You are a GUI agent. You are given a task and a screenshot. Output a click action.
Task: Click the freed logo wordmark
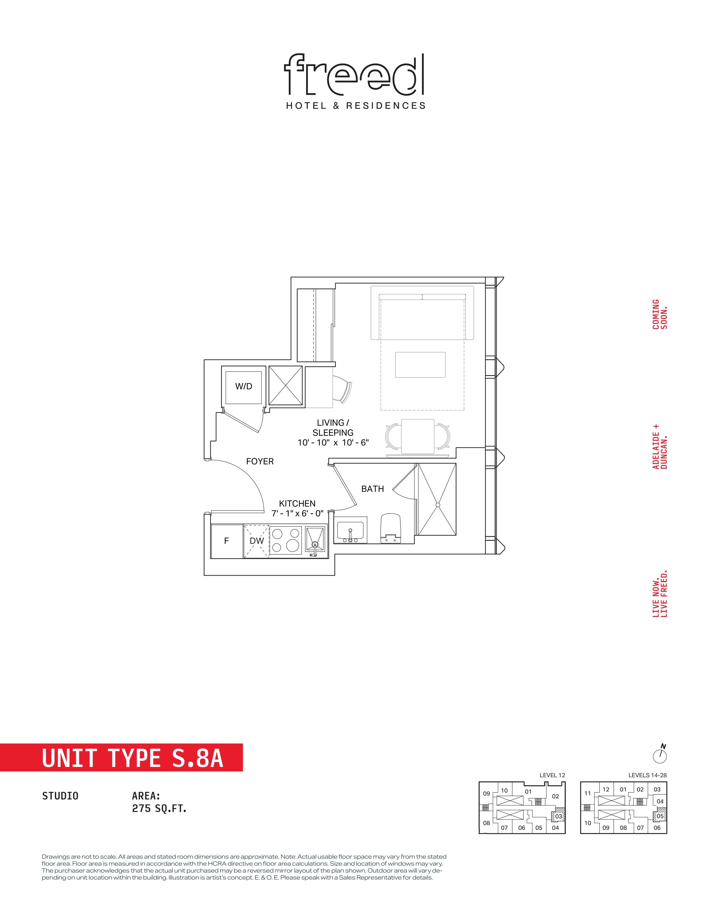pos(354,74)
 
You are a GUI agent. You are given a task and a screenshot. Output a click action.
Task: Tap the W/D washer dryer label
pos(244,386)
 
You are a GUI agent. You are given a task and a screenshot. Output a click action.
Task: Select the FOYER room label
pos(260,462)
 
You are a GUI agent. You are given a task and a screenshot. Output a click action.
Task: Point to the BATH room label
pos(373,489)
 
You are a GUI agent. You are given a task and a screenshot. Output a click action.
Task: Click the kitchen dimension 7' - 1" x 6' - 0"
pos(298,513)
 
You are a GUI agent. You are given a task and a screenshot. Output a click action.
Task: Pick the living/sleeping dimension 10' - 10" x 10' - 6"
pos(333,443)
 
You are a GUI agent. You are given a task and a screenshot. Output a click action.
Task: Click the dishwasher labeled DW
pos(257,541)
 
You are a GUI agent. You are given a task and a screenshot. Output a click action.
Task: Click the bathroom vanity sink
pos(350,530)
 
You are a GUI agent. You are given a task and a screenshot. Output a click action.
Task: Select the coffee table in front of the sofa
pos(420,365)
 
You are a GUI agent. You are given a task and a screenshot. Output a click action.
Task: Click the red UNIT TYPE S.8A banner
pos(122,757)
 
